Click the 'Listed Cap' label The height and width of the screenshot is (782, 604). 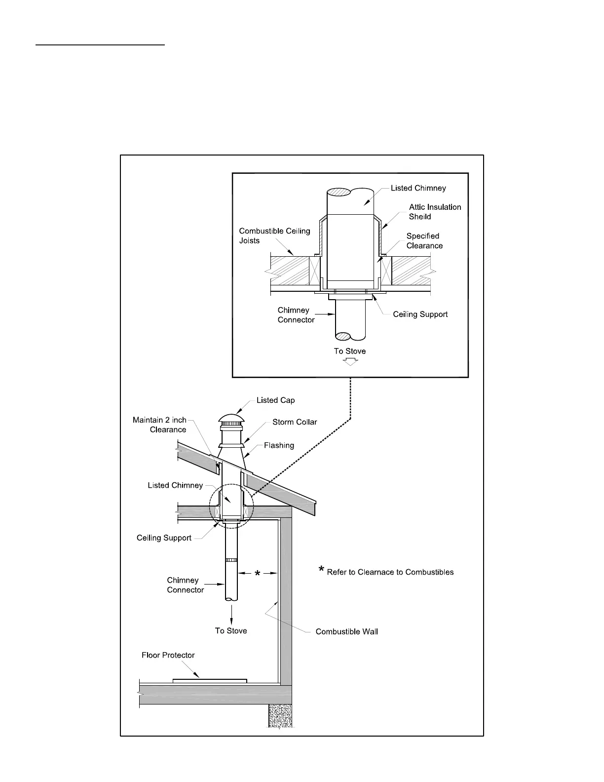[275, 400]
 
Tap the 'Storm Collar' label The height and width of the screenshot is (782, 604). [295, 422]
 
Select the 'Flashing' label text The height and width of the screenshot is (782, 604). [279, 445]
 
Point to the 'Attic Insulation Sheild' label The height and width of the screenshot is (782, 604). [435, 212]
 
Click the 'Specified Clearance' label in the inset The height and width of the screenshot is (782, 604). [424, 241]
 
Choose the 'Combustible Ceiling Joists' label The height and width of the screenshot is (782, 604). [274, 235]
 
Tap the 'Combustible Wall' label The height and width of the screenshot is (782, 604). [346, 631]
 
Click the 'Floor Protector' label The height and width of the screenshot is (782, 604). [168, 655]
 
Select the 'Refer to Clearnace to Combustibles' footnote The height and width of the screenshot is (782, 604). [390, 572]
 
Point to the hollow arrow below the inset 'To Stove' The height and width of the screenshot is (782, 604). [350, 361]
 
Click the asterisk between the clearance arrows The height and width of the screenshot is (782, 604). [258, 574]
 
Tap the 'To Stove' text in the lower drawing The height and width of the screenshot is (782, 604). [231, 630]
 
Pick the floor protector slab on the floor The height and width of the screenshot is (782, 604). [210, 681]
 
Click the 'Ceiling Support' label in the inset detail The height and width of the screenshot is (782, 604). [420, 314]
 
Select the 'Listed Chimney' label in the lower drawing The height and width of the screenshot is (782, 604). [175, 485]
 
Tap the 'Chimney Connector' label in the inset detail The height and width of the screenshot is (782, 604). [296, 315]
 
